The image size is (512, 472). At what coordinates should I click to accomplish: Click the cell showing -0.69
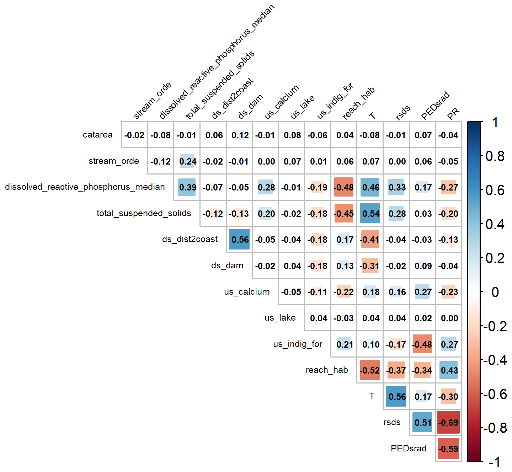(448, 423)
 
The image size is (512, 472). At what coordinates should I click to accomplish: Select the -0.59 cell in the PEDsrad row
(448, 449)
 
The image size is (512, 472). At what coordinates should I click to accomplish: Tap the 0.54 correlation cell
(370, 214)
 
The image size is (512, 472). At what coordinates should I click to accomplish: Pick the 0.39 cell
(187, 187)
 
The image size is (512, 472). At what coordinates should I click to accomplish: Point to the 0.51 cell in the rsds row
(423, 423)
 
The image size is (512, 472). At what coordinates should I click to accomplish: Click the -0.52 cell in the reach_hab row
(370, 370)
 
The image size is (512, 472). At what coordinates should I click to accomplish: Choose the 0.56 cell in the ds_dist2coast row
(240, 240)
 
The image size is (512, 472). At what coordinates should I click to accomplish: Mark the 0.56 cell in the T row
(396, 397)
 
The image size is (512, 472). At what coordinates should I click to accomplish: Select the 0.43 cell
(449, 370)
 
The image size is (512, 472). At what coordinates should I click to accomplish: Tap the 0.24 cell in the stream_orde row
(187, 161)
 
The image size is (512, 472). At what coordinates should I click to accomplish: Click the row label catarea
(97, 135)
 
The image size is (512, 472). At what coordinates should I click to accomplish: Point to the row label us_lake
(280, 318)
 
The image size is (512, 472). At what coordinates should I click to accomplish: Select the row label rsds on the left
(392, 422)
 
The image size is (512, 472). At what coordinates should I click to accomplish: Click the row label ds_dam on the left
(227, 265)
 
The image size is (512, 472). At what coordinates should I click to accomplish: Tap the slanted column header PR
(454, 114)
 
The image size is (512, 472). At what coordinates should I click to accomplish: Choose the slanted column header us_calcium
(282, 102)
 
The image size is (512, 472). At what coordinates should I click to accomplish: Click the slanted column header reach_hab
(358, 103)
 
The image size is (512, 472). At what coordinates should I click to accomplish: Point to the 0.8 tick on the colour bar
(495, 156)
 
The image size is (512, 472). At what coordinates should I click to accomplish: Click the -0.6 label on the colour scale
(495, 394)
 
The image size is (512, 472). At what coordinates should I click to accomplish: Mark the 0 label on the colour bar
(495, 292)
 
